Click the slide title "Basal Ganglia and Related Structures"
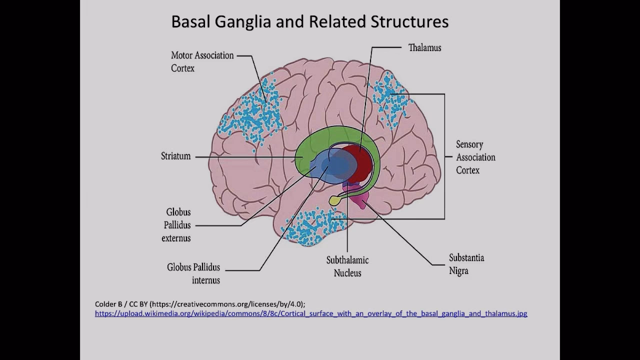309,22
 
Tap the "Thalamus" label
424,48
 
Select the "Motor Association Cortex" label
202,61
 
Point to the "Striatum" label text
175,156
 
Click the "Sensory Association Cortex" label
475,157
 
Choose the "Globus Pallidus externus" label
176,225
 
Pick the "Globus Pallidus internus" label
193,273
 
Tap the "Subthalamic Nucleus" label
347,266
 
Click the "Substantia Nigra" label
466,264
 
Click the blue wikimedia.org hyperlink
311,314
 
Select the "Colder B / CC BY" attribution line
200,304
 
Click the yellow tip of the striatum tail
334,200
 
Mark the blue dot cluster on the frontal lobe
250,115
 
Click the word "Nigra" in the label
458,271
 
